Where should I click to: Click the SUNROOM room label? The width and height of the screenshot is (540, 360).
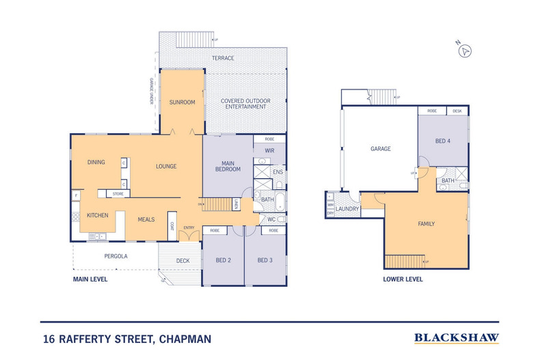tap(183, 102)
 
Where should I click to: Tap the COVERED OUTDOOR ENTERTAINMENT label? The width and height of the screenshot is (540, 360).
tap(245, 104)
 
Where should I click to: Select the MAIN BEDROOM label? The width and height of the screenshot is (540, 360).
tap(228, 166)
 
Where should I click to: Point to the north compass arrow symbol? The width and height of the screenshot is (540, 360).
tap(465, 51)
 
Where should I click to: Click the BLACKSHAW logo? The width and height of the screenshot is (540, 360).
tap(457, 337)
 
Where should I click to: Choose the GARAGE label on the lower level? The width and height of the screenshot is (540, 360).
tap(380, 148)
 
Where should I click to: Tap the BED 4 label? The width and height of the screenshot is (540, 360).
tap(443, 141)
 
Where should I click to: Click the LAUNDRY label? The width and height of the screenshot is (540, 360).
tap(348, 208)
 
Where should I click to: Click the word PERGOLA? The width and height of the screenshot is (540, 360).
tap(117, 256)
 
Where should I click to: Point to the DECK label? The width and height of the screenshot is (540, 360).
tap(183, 260)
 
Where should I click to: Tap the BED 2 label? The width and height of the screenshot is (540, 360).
tap(224, 260)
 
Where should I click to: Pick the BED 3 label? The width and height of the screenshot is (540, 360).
tap(265, 260)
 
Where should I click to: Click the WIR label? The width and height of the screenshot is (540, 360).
tap(269, 150)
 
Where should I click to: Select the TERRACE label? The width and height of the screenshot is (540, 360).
tap(222, 58)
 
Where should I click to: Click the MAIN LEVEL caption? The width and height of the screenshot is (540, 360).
tap(91, 279)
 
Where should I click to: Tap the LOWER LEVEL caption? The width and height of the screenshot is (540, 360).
tap(404, 279)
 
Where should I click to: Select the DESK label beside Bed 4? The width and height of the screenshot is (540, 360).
tap(457, 111)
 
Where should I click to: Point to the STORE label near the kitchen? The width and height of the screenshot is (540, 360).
tap(118, 194)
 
